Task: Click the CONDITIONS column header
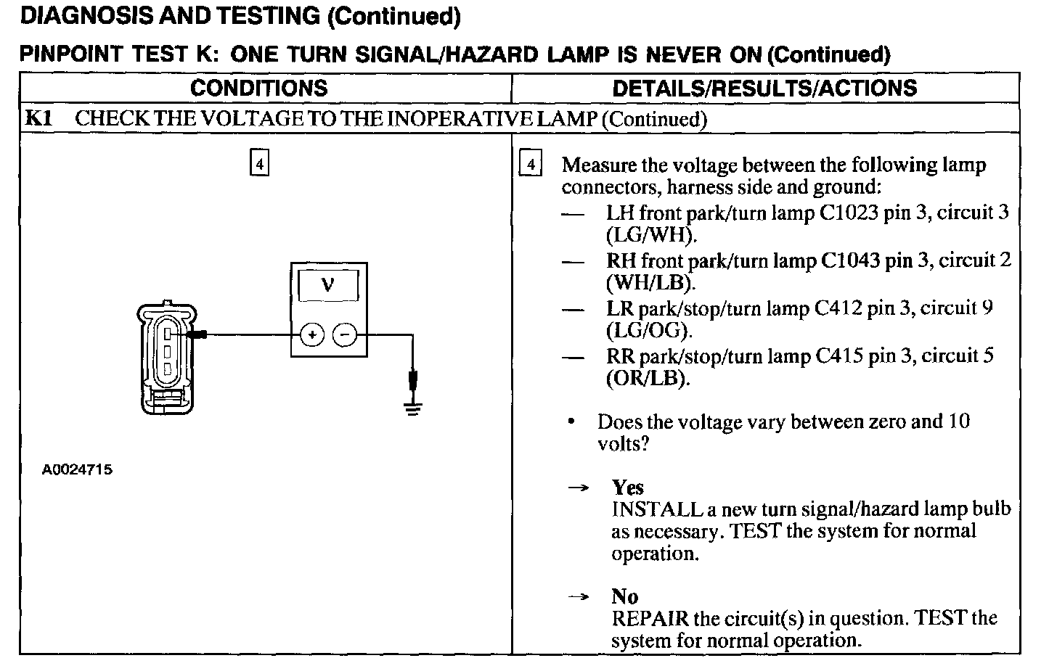click(258, 89)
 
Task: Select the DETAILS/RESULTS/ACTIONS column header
click(764, 89)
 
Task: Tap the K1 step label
click(38, 118)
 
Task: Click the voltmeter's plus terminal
click(312, 335)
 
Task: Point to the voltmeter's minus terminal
click(344, 335)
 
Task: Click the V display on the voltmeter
click(327, 285)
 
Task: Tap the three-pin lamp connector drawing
click(166, 355)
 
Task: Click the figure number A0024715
click(77, 469)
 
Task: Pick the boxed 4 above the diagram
click(259, 163)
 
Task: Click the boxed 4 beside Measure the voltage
click(531, 165)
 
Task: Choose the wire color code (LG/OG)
click(649, 331)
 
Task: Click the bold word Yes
click(627, 488)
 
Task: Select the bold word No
click(624, 596)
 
